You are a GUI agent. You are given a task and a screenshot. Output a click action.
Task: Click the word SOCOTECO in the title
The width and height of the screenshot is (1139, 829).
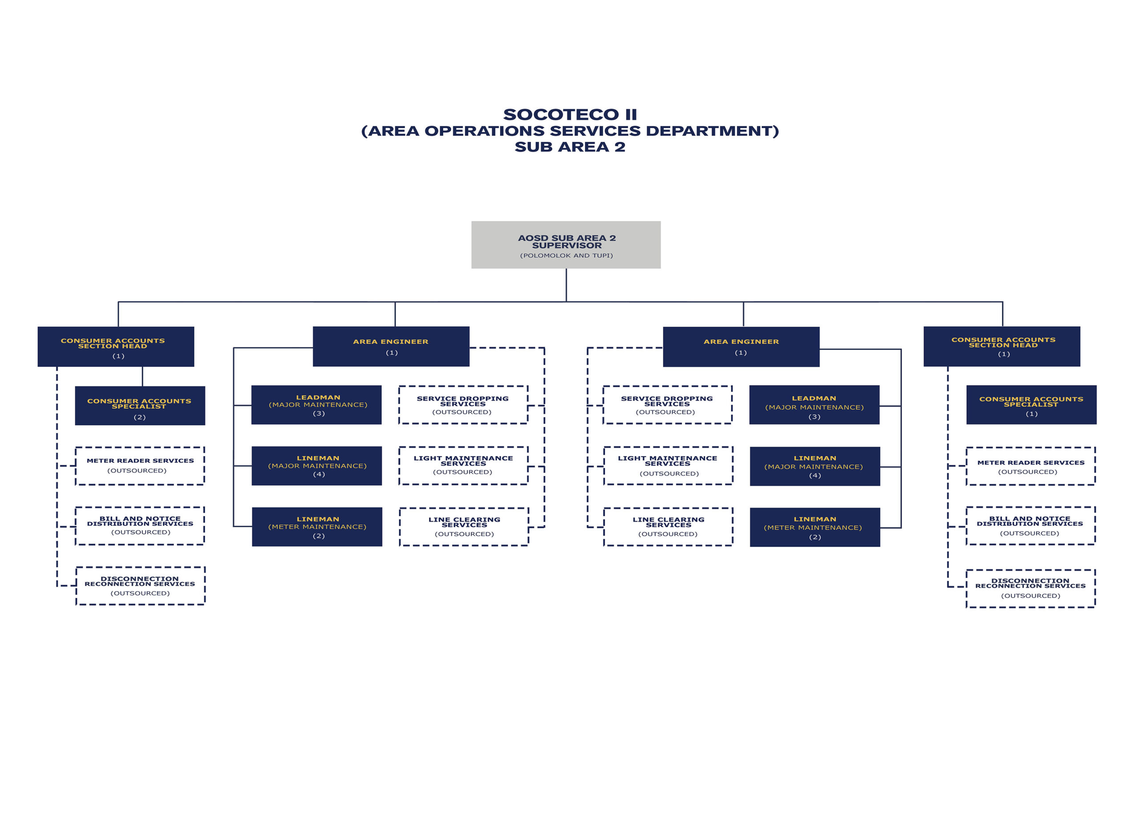561,114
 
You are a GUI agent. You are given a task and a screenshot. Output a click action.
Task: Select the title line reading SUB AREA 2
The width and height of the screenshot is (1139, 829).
570,147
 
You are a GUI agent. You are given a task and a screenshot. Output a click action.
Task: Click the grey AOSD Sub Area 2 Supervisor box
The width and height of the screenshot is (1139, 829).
566,245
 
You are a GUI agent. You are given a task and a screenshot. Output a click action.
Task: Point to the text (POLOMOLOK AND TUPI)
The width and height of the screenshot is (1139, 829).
566,255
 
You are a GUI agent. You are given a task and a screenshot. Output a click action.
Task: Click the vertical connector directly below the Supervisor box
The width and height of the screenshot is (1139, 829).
566,285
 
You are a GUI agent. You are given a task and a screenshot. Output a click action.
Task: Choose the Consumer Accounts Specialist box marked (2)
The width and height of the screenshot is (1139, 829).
140,406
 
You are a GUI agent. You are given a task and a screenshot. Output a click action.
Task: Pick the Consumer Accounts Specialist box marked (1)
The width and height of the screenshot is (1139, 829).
1031,405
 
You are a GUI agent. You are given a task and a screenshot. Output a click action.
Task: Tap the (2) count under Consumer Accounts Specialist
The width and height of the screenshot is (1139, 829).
140,417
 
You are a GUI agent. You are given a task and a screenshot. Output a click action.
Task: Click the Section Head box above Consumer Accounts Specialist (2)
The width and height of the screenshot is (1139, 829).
116,347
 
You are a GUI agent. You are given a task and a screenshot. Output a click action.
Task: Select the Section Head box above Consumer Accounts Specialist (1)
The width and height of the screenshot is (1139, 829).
1002,346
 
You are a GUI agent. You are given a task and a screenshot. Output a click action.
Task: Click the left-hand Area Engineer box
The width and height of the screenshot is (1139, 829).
391,347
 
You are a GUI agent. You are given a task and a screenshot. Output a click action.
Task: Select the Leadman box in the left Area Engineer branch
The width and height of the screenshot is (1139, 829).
316,405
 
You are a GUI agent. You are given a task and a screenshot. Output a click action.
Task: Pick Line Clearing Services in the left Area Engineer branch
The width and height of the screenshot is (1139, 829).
464,527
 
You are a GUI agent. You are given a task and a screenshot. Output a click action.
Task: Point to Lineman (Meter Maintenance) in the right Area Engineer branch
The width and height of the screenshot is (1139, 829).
815,527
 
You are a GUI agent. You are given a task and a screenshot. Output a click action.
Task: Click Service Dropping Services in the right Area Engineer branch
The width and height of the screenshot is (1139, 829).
667,405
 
